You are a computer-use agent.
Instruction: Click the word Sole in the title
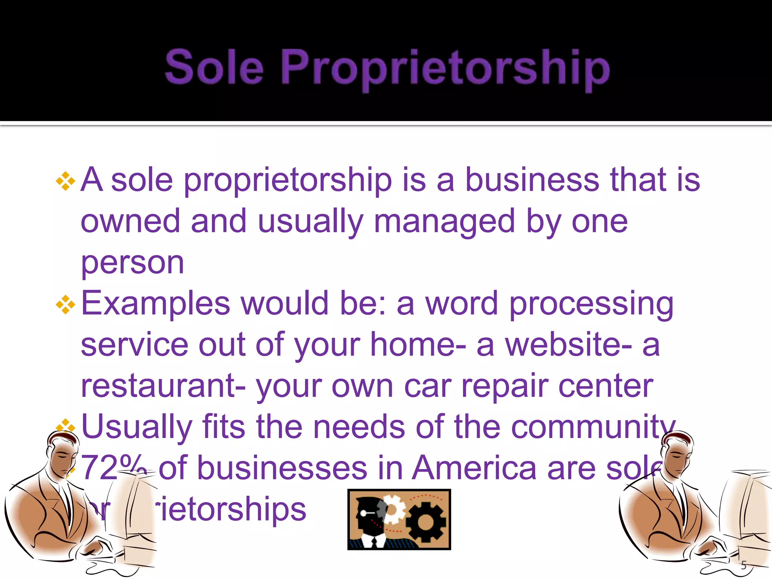(214, 67)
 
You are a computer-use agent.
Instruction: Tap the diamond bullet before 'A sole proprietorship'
(66, 181)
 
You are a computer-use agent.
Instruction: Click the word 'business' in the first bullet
(532, 180)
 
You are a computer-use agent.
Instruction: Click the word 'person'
(132, 263)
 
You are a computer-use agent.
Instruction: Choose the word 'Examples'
(155, 304)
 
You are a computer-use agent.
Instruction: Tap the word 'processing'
(591, 304)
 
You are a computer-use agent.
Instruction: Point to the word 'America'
(474, 468)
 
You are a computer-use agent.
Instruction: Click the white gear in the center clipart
(392, 509)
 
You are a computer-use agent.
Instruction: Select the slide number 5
(743, 565)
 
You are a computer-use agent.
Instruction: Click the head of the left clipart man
(64, 452)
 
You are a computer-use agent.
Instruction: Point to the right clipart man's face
(677, 456)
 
